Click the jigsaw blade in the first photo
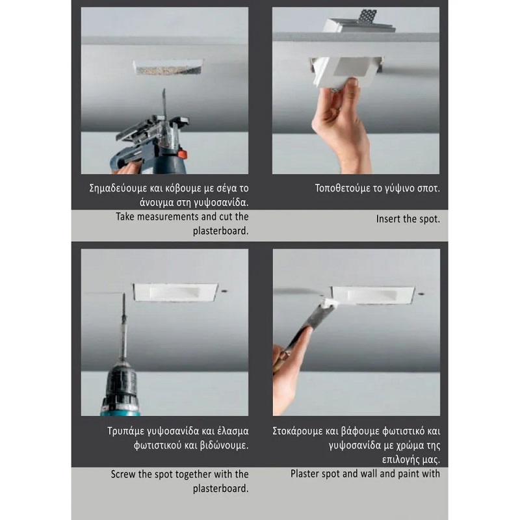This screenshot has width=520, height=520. pyautogui.click(x=164, y=103)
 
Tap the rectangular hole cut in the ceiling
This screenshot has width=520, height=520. pyautogui.click(x=168, y=68)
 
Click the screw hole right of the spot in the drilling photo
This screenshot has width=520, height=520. pyautogui.click(x=224, y=291)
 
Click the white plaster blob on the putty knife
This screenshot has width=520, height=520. pyautogui.click(x=328, y=303)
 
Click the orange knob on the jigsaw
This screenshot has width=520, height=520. pyautogui.click(x=182, y=154)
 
